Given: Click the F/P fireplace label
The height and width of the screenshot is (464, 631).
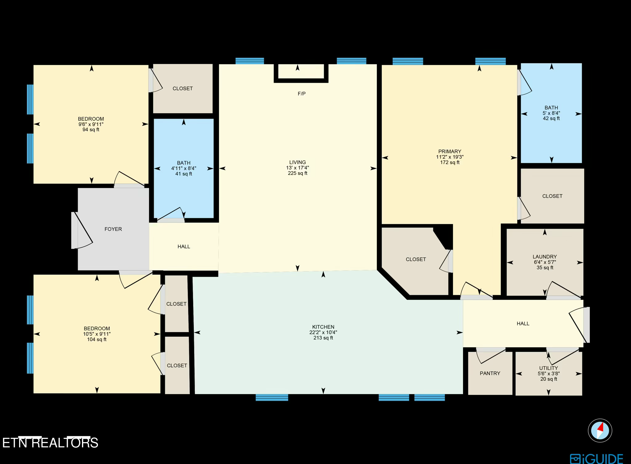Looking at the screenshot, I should tap(301, 94).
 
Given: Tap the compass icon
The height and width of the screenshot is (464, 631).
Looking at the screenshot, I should tap(600, 430).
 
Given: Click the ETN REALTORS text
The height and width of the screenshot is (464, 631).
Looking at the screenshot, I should tap(50, 443).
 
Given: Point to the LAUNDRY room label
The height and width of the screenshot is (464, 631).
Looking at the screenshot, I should tap(544, 257).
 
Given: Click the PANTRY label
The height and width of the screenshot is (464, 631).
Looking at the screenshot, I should tap(490, 373).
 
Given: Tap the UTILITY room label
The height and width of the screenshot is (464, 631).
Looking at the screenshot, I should tap(548, 368).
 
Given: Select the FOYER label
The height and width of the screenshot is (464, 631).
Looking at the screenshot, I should tap(113, 229).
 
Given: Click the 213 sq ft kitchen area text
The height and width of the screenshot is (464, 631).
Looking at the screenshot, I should tap(323, 338).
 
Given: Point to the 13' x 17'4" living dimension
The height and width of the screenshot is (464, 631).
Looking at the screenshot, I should tap(297, 168).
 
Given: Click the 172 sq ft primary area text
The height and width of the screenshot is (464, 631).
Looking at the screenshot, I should tap(450, 162).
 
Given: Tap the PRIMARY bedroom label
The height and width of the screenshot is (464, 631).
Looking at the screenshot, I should tap(450, 152).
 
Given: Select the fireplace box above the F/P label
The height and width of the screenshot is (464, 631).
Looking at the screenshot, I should tap(301, 71).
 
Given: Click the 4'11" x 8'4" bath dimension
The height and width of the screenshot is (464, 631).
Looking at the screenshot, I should tap(184, 169).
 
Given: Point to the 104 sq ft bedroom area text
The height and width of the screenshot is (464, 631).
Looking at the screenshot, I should tap(97, 340).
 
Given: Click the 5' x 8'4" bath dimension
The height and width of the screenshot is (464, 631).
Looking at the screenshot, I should tap(551, 113).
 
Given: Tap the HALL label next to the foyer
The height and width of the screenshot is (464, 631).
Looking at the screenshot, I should tap(184, 246).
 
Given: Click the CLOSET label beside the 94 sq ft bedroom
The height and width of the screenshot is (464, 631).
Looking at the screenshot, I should tap(182, 89).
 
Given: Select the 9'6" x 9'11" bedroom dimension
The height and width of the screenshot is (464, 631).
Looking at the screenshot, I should tap(91, 124).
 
